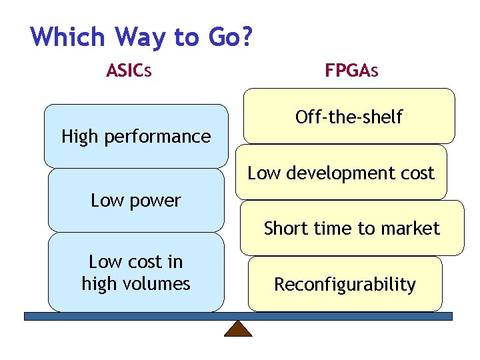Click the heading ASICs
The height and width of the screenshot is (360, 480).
(129, 70)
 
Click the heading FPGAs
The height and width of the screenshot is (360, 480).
(351, 70)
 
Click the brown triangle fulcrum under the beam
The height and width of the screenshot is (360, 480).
(238, 329)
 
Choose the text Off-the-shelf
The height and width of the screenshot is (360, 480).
(349, 117)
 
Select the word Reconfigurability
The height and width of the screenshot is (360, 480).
(345, 285)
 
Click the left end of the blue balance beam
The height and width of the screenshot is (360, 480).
(28, 316)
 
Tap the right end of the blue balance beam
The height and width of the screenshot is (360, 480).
(449, 316)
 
